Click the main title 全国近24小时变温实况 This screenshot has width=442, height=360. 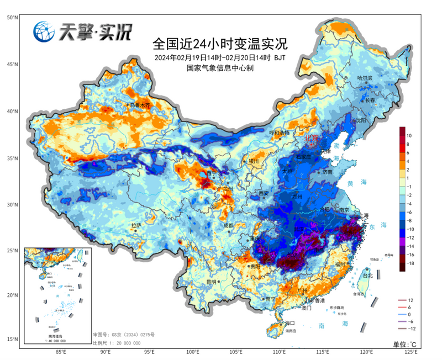coord(220,43)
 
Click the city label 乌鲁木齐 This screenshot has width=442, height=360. coord(139,105)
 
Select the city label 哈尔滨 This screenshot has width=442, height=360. coord(365,78)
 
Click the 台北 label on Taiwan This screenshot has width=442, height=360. coord(367,274)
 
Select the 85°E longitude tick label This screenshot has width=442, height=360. coord(61,352)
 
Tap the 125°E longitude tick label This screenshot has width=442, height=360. coord(410,352)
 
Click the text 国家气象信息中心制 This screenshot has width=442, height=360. coord(220,68)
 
